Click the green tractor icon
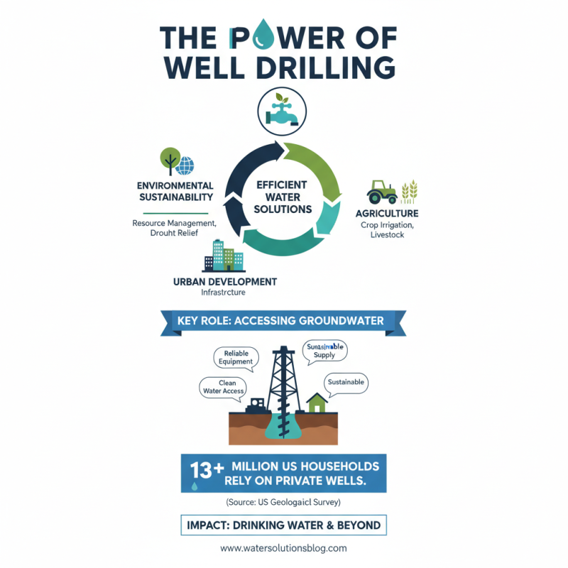tap(381, 192)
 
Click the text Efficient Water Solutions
tap(283, 197)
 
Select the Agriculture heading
tap(387, 213)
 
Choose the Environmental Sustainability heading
tap(175, 191)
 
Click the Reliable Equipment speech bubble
tap(237, 357)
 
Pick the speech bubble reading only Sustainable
tap(346, 382)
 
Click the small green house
tap(317, 403)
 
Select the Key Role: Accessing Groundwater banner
tap(284, 321)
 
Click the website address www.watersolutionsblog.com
tap(283, 548)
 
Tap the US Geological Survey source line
tap(283, 502)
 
